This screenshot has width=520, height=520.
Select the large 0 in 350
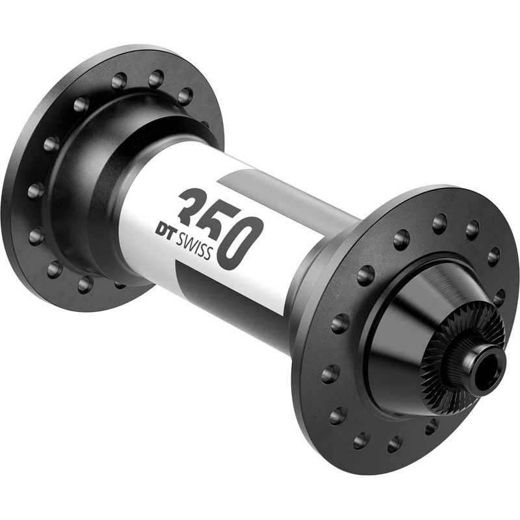coord(241,242)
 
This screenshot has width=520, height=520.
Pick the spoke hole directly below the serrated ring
coord(430,426)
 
